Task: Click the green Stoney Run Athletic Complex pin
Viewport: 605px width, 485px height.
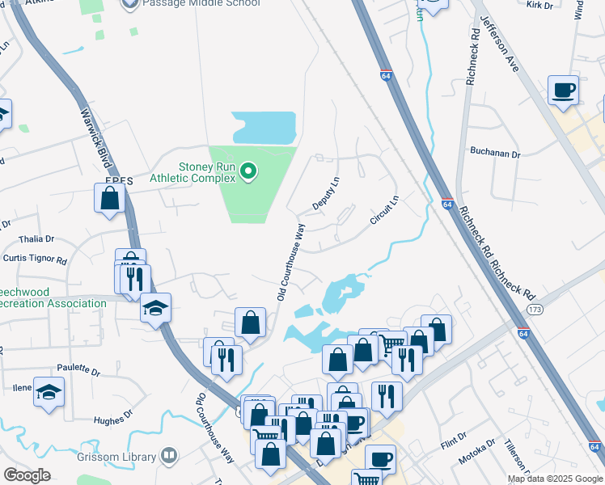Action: tap(249, 171)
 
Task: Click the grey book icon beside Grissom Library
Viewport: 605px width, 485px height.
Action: tap(168, 456)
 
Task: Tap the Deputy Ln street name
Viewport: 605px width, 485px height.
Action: tap(327, 194)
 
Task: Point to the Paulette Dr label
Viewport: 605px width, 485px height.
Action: tap(84, 373)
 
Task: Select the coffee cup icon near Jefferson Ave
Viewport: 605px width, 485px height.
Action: tap(563, 89)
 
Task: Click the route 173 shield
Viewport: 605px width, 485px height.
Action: tap(534, 310)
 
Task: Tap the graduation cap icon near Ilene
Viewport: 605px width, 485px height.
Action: tap(49, 391)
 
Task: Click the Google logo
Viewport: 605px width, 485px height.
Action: tap(27, 475)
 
